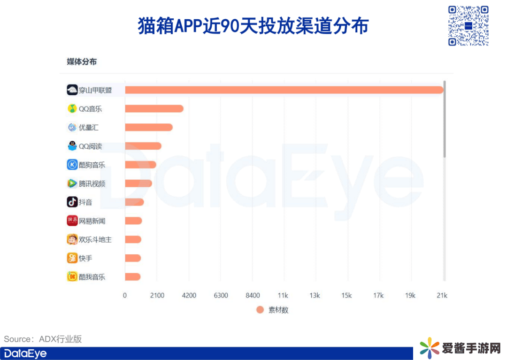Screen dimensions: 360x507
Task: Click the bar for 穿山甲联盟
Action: point(284,90)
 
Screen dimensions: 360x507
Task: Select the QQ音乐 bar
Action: point(154,108)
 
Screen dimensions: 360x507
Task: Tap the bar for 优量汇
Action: point(148,127)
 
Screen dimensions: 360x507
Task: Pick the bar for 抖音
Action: point(134,202)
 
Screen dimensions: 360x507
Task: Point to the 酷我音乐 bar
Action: point(132,277)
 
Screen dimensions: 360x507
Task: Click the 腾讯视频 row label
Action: point(92,184)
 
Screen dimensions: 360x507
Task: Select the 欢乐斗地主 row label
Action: point(95,239)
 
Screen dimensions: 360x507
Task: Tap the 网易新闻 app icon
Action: point(72,221)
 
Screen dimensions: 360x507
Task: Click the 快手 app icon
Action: point(72,258)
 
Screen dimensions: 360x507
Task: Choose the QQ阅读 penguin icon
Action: point(72,146)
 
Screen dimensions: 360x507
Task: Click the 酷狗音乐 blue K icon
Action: point(72,165)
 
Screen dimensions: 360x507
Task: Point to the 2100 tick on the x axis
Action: point(157,295)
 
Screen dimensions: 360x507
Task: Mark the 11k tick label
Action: point(283,295)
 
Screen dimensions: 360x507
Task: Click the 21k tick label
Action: point(442,295)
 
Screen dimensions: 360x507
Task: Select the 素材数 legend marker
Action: point(260,310)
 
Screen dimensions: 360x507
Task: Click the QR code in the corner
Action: point(468,25)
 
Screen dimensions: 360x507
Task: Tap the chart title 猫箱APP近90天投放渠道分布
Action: point(253,26)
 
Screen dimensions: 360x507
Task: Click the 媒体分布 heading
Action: point(82,62)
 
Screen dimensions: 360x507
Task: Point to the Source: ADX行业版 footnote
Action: point(43,339)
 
